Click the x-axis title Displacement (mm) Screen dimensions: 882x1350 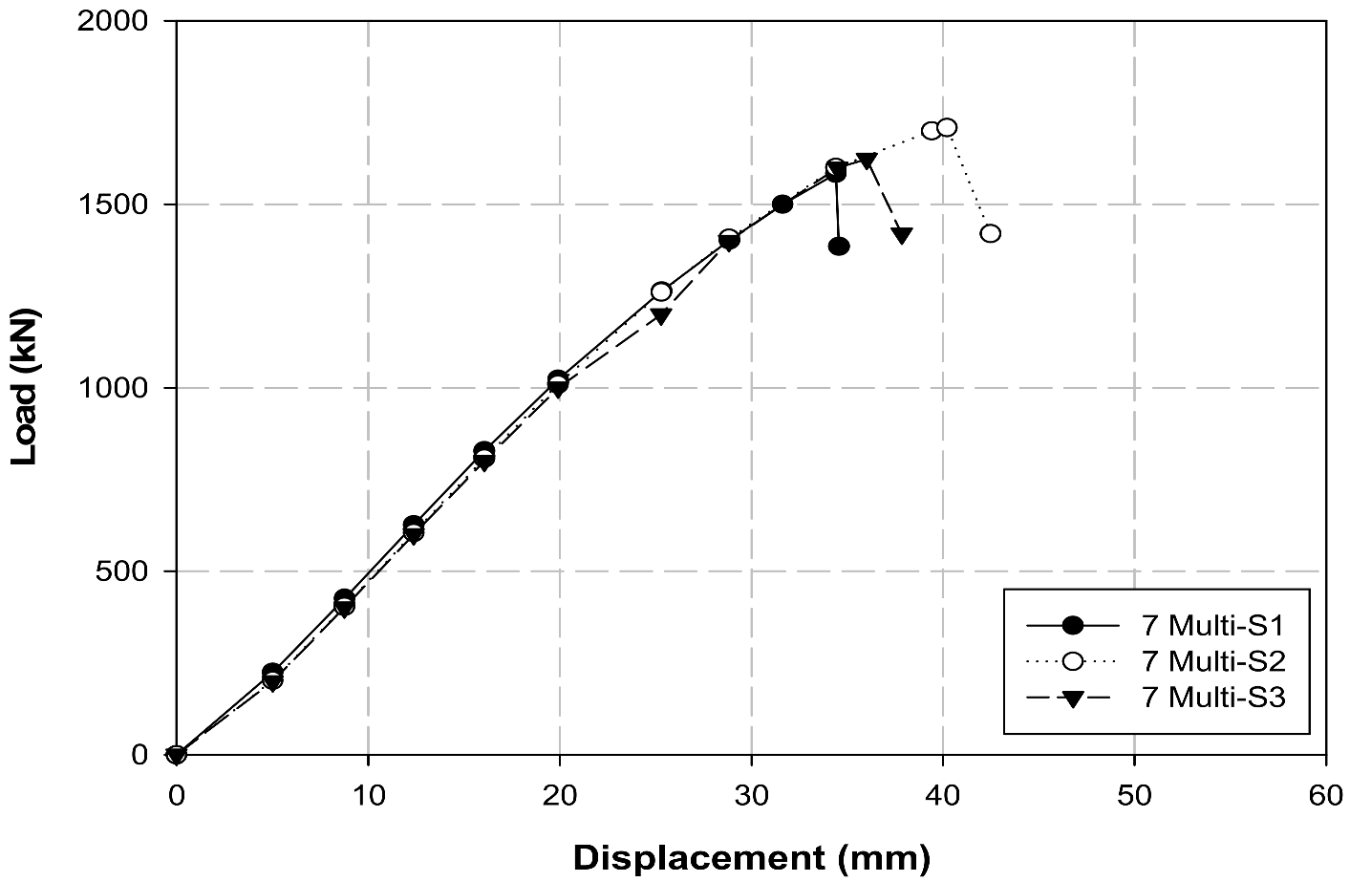coord(751,857)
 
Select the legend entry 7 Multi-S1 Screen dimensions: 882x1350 coord(1212,626)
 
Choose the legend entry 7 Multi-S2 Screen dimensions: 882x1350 coord(1212,661)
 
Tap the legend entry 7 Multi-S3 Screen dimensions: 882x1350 coord(1212,698)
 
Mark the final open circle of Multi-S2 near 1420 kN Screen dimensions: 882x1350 coord(991,233)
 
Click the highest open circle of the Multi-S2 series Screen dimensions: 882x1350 coord(947,127)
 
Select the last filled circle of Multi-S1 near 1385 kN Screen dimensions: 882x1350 coord(839,247)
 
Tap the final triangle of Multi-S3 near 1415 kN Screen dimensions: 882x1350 coord(902,235)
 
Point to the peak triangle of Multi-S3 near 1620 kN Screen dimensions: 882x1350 coord(867,160)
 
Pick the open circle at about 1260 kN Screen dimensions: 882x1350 coord(661,291)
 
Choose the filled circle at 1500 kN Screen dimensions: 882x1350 coord(782,204)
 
